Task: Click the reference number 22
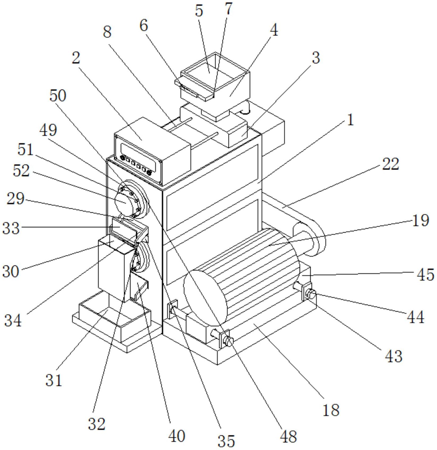pos(390,165)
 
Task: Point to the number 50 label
pos(57,96)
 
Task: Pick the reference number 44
pos(415,317)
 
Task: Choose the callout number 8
pos(107,32)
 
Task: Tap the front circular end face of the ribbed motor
pos(205,298)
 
